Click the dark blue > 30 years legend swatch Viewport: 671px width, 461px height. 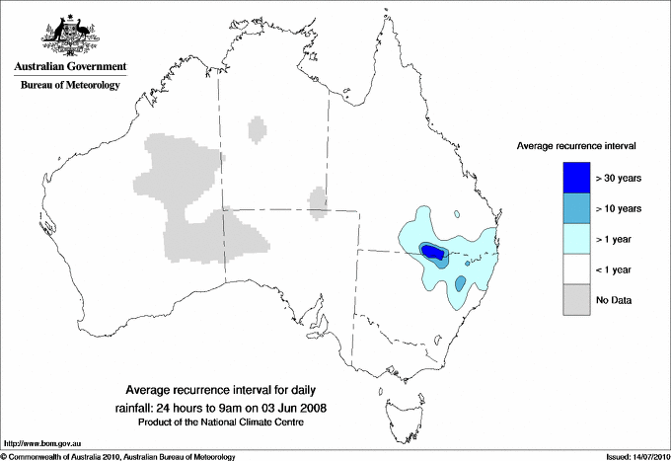pos(576,178)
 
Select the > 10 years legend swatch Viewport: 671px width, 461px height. pos(576,208)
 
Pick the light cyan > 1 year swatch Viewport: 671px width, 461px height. pos(576,239)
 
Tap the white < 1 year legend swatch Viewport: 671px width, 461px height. pos(576,269)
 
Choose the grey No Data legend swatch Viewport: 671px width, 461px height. pos(576,300)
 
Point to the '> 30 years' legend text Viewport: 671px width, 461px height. pos(619,179)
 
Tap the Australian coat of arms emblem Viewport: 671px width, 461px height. pos(70,32)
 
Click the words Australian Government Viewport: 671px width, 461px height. pos(70,67)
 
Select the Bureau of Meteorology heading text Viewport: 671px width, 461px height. pos(70,86)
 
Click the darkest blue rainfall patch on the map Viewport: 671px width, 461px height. pos(432,253)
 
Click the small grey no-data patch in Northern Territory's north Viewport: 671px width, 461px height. pos(258,128)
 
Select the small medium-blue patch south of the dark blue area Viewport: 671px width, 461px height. pos(460,283)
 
